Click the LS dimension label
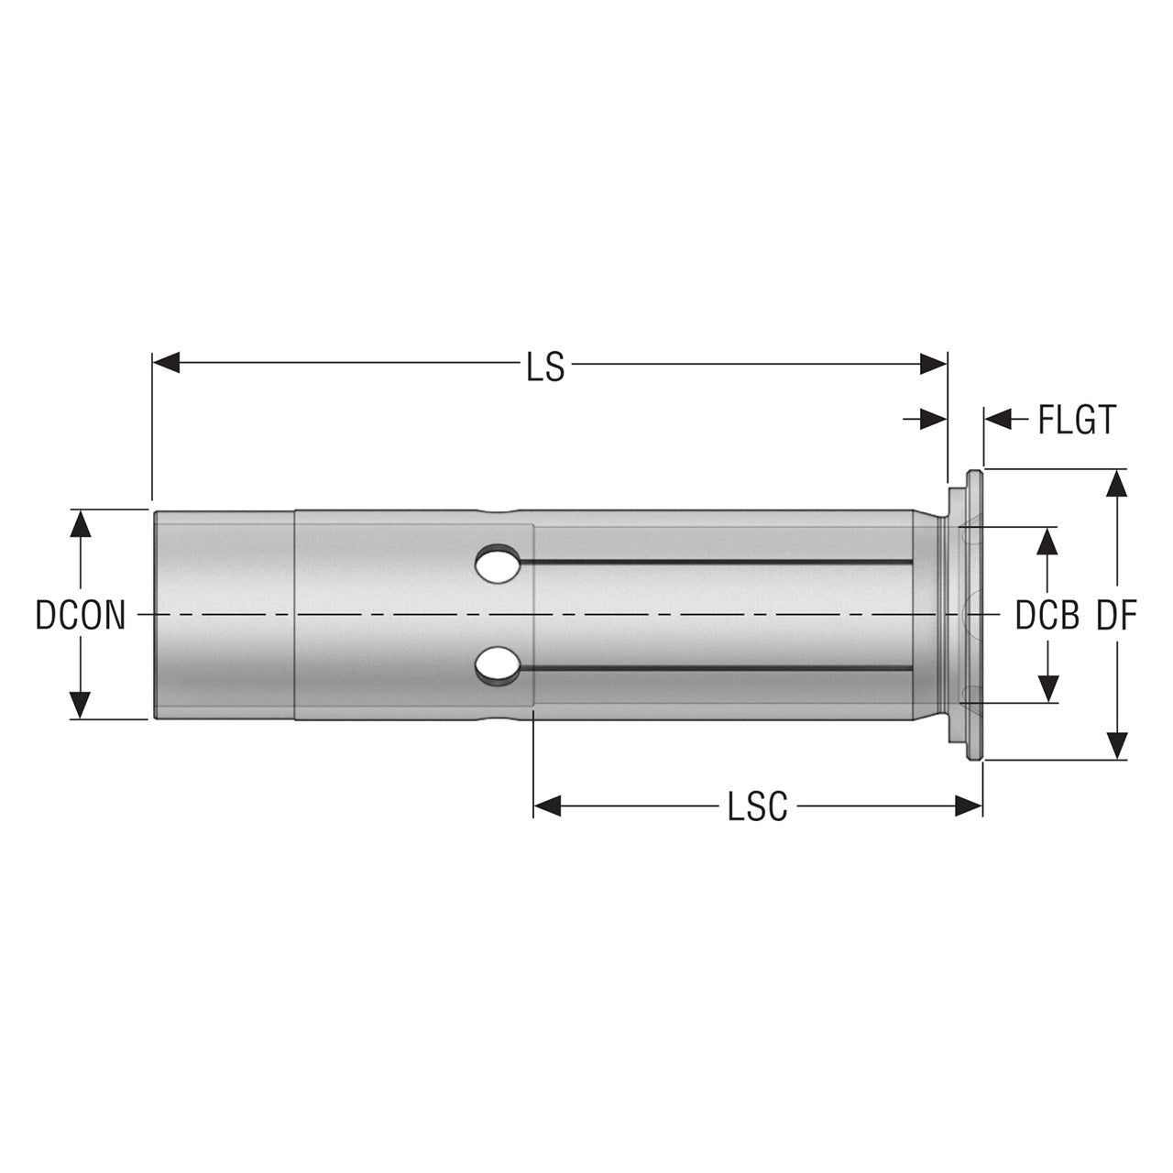coord(545,367)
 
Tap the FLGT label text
coord(1077,420)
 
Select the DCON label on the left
coord(81,616)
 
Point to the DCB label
coord(1047,616)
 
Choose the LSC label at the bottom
coord(757,806)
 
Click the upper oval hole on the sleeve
coord(498,565)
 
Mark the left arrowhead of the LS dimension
coord(166,363)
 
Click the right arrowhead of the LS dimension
coord(933,364)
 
